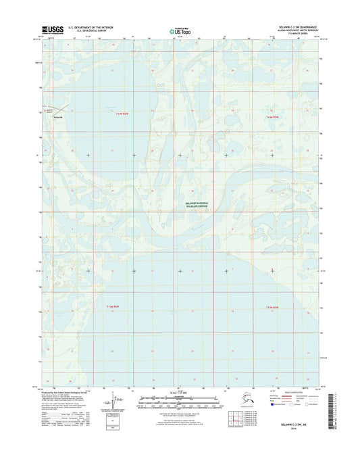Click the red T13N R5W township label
click(272, 308)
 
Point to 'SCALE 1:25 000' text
click(180, 393)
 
